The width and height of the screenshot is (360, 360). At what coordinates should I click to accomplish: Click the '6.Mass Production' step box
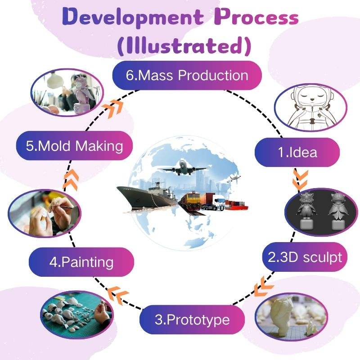[187, 75]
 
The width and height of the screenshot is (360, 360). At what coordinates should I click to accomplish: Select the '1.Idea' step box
[297, 152]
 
